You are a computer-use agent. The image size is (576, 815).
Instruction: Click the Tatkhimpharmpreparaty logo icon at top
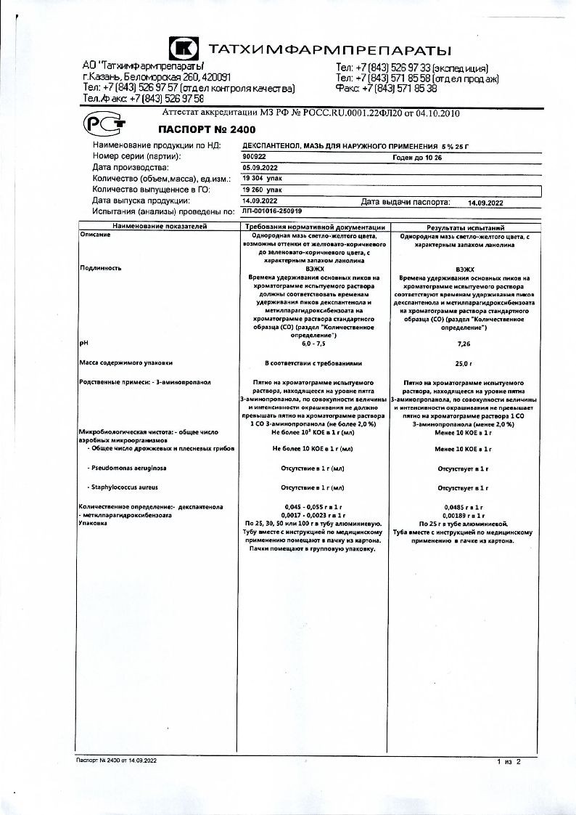click(x=184, y=49)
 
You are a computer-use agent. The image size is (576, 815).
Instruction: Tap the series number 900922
click(x=255, y=156)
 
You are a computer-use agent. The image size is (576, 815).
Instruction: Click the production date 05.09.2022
click(x=259, y=167)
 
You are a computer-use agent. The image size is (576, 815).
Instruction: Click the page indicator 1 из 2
click(x=509, y=761)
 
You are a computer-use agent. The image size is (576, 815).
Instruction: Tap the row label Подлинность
click(x=100, y=267)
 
